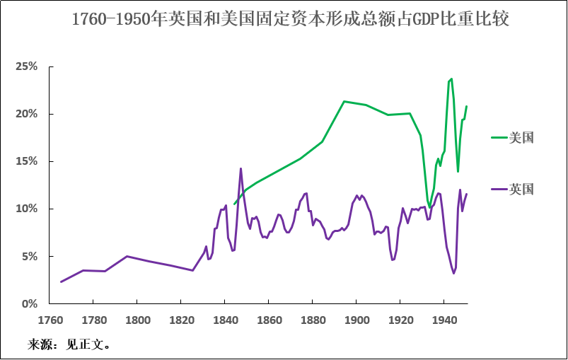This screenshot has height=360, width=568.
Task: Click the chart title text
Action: coord(290,19)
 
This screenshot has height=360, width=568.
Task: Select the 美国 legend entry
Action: coord(521,137)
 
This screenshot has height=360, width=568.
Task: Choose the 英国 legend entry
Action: coord(521,189)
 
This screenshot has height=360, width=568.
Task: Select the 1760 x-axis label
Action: coord(50,320)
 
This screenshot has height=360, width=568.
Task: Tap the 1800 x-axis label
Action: coord(137,320)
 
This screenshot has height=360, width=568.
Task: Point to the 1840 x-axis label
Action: coord(225,320)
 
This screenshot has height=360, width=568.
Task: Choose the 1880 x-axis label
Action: coord(313,320)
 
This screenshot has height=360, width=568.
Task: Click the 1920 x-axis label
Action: coord(400,320)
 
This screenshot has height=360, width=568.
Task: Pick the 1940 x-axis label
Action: coord(444,320)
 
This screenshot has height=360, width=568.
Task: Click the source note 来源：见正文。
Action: coord(69,345)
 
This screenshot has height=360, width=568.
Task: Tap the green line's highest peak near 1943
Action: coord(451,79)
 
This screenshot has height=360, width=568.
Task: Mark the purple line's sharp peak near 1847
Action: coord(240,168)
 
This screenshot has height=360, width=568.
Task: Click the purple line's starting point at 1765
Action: coord(61,281)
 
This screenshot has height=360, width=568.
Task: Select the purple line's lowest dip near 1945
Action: coord(454,273)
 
